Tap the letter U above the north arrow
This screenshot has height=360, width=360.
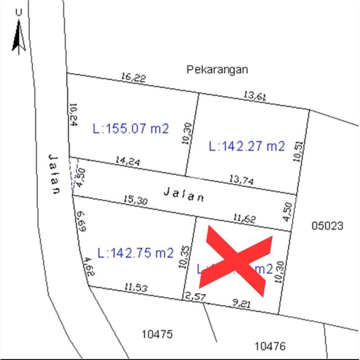point(18,13)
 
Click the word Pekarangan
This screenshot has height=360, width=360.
point(217,70)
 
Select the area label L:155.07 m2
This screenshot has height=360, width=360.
point(131,129)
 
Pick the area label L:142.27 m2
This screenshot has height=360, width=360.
point(247,146)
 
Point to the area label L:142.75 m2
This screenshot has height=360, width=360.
point(135,253)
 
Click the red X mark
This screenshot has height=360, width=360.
point(236,260)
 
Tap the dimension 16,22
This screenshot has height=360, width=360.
point(133,77)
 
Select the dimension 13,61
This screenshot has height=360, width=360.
point(255,95)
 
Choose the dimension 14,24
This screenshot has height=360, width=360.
point(127,161)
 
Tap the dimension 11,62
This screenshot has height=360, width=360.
point(244,218)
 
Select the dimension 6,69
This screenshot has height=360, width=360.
point(81,221)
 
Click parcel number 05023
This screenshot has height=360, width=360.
point(327,225)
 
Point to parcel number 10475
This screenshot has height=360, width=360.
point(157,334)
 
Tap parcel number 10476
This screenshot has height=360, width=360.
point(270,346)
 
